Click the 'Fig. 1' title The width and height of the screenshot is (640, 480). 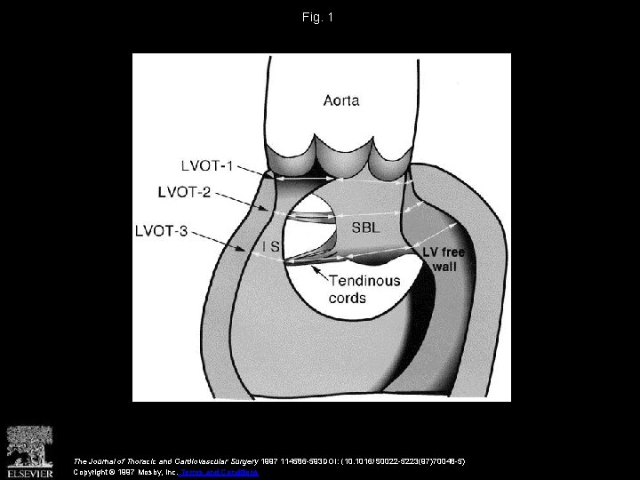click(319, 16)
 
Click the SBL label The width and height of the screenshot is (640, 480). click(364, 228)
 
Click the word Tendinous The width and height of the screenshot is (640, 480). click(365, 281)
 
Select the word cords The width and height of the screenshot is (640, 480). click(347, 298)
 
